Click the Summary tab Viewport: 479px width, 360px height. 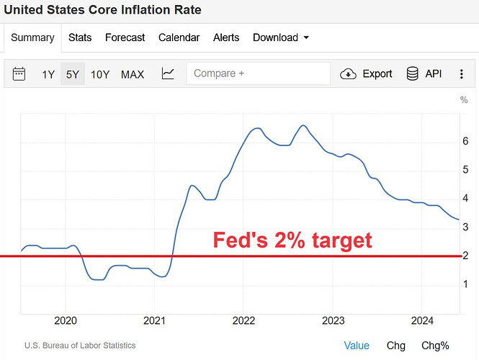(32, 38)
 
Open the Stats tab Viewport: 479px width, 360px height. (80, 37)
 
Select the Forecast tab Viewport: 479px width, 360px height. (125, 37)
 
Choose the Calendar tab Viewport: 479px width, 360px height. (179, 37)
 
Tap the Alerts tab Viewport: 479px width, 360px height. (226, 37)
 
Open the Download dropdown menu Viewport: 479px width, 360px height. (281, 37)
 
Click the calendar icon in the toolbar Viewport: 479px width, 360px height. (19, 73)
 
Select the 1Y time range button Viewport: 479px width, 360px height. (48, 74)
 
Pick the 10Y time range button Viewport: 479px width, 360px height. (100, 74)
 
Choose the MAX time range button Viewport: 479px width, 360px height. (133, 74)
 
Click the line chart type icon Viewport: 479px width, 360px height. (168, 73)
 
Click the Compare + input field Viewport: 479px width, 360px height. (258, 73)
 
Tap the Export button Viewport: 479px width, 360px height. (367, 73)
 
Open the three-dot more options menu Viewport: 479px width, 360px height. (460, 73)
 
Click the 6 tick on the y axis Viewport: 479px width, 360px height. (466, 141)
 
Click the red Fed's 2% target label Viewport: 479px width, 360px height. (292, 240)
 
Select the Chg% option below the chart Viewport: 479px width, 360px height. (435, 346)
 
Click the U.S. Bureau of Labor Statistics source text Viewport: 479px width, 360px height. (80, 346)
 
